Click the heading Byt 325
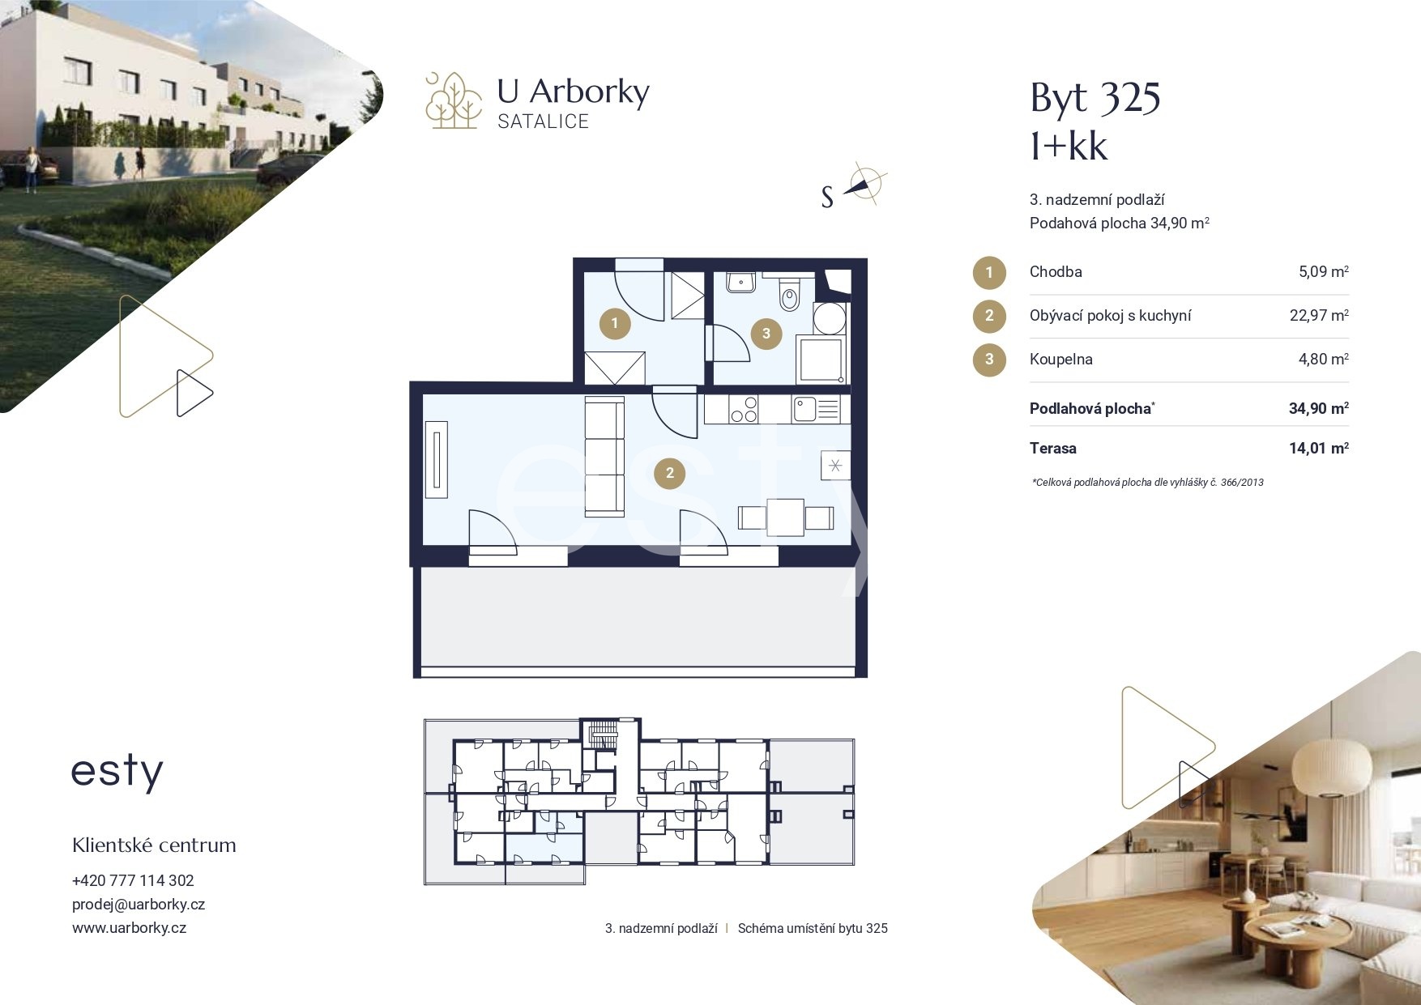[1095, 99]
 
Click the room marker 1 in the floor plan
[615, 324]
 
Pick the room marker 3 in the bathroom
[766, 332]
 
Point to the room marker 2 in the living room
[669, 473]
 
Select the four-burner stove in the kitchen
[743, 409]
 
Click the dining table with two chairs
[785, 517]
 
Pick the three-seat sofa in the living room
[604, 457]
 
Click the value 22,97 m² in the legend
[1319, 315]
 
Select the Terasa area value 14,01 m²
[1319, 448]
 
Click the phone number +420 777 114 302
[133, 880]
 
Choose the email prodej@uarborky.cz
[139, 905]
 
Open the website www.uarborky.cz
[129, 928]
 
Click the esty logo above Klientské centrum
[117, 773]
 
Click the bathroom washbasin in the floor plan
[740, 282]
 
